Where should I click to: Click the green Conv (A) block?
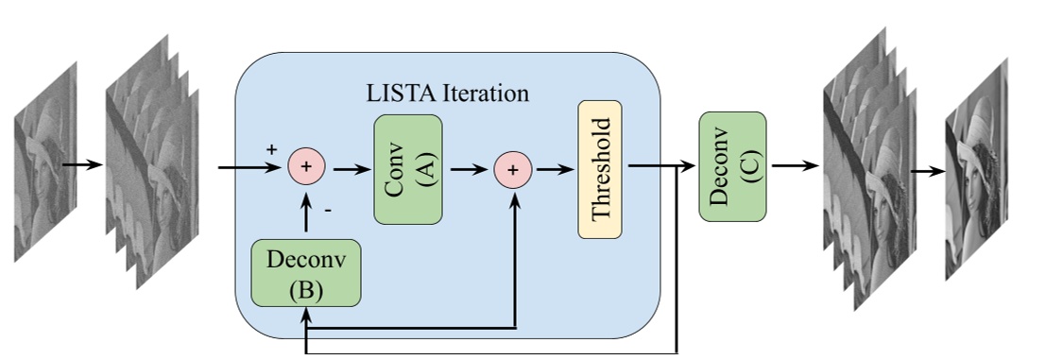pos(408,170)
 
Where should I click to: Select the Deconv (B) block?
pos(305,273)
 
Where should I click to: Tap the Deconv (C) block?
pos(732,165)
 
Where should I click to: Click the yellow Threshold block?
pos(600,170)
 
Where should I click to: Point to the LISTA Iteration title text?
pos(447,94)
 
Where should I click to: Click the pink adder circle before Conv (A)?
pos(306,166)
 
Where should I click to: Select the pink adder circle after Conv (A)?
pos(513,170)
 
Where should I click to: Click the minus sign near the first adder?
pos(328,211)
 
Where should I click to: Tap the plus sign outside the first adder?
pos(272,149)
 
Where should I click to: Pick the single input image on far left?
pos(40,165)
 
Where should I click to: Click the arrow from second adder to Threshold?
pos(554,170)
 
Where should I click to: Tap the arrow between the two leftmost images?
pos(82,165)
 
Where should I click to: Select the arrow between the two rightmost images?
pos(927,172)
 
